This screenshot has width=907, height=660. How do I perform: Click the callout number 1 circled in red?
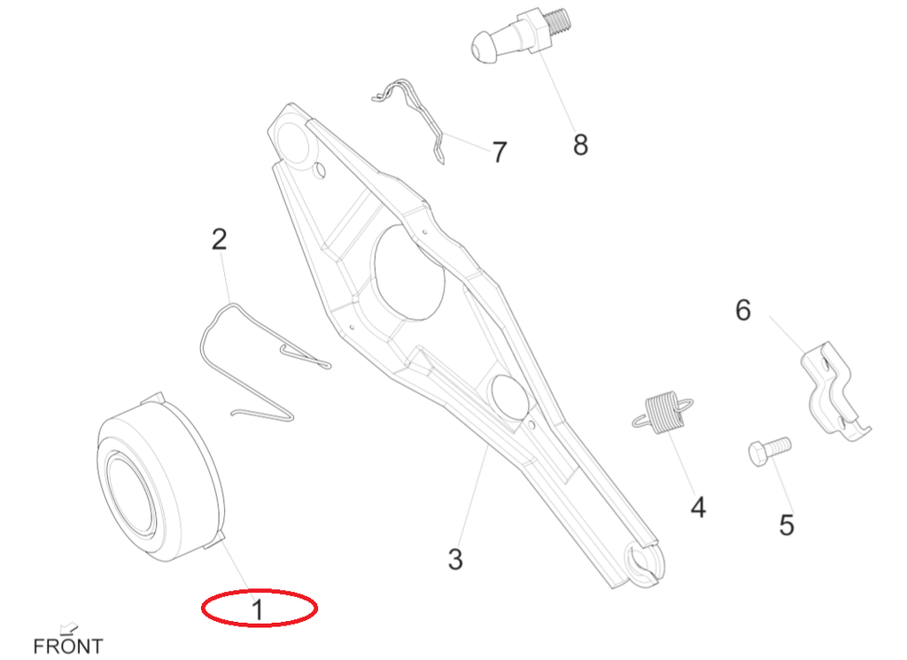click(258, 610)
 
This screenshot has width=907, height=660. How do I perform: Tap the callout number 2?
click(220, 239)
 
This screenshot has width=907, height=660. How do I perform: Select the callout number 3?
click(455, 559)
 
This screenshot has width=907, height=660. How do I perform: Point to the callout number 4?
click(698, 508)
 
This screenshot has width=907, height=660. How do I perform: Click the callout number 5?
click(787, 525)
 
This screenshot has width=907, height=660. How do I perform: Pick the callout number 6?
click(743, 310)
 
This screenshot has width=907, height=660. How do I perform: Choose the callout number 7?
click(500, 152)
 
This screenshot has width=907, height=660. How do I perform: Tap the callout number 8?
click(580, 144)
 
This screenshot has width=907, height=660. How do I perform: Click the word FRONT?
click(68, 646)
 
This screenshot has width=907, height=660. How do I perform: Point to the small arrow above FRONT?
click(69, 627)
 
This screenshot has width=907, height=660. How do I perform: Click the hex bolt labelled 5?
click(770, 451)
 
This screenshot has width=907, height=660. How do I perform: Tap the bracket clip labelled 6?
click(835, 391)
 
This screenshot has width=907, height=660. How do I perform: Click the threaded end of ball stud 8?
click(558, 23)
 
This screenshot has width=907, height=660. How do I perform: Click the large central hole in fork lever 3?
click(409, 271)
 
